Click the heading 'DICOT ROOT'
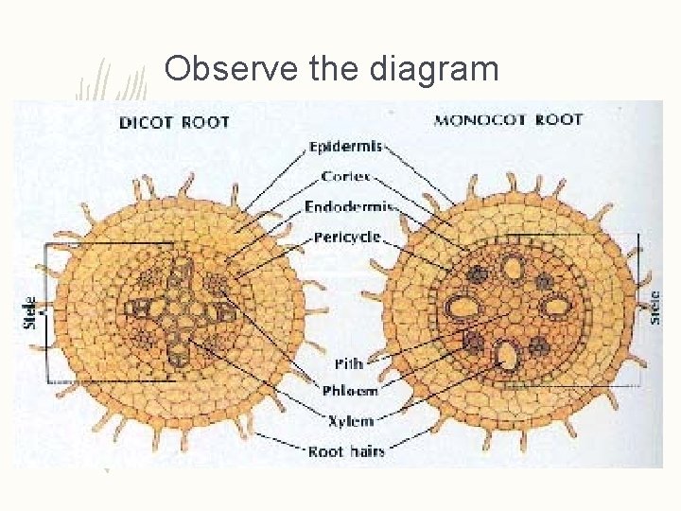174,121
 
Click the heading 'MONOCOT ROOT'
508,120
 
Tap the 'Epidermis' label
345,147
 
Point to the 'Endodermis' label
348,206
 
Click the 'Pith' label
348,363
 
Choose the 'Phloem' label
350,391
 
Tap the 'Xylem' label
349,421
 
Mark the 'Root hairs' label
346,451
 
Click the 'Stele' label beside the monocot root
655,307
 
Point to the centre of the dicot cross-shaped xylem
175,308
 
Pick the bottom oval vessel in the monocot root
508,355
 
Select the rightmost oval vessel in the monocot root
558,305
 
